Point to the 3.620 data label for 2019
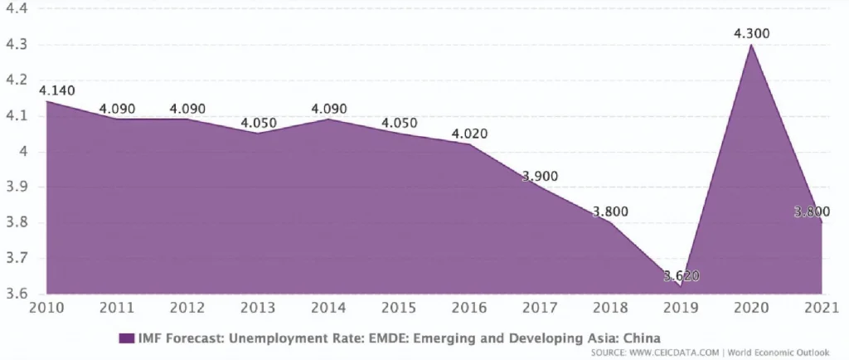point(681,275)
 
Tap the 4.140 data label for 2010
point(56,90)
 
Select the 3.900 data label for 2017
point(540,176)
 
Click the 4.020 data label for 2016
point(469,134)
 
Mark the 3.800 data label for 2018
point(610,212)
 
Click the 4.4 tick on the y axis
point(17,9)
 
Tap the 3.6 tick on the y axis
point(17,294)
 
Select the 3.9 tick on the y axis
point(17,187)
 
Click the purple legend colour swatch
point(127,338)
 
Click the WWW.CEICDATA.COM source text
point(672,353)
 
